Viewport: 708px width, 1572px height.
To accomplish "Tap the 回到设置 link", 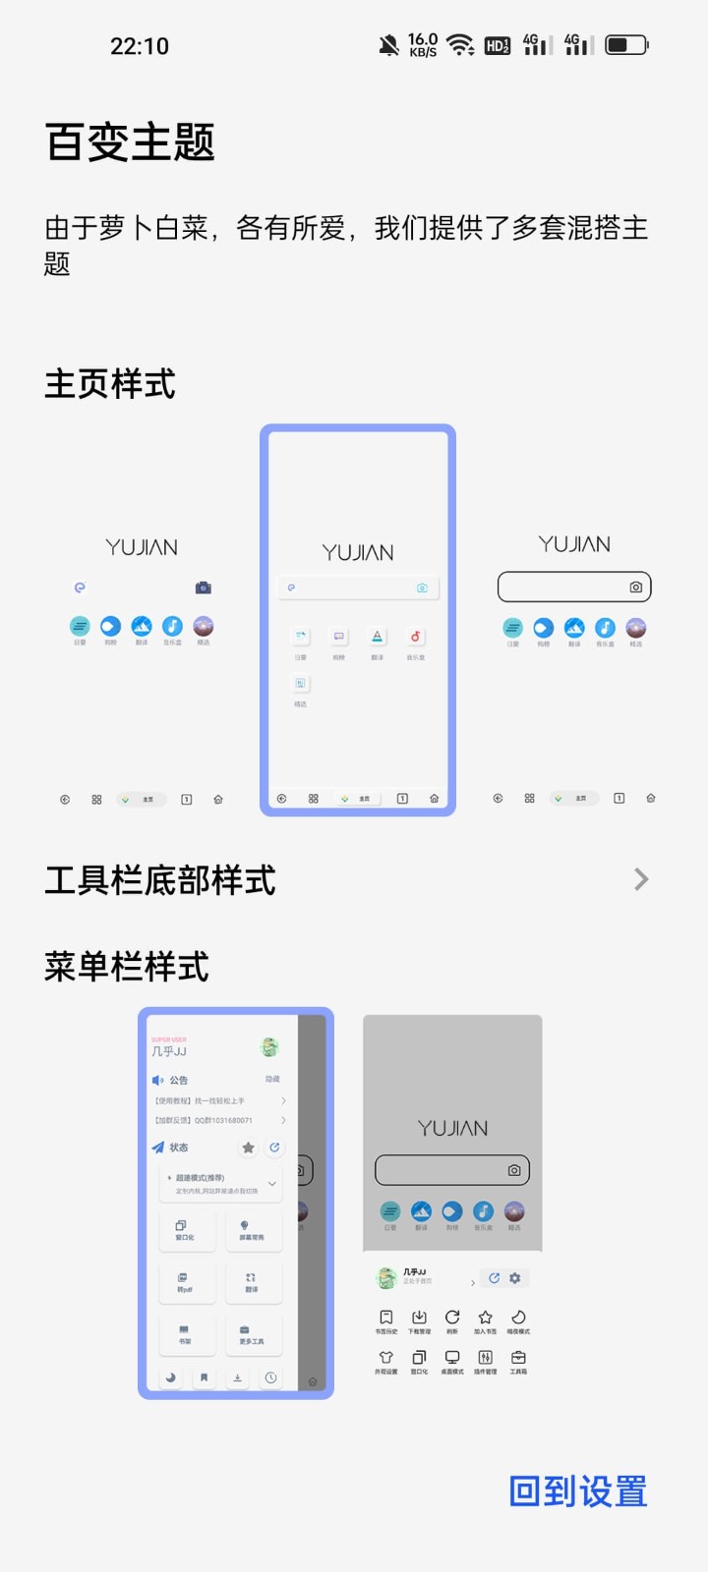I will pos(578,1491).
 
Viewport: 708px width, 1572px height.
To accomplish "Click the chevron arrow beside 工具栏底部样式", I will pos(641,879).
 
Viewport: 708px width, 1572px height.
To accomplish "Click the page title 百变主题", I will pos(130,142).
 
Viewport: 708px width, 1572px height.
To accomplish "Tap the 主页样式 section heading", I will pos(110,384).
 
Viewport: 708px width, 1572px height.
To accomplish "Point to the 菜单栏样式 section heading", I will pos(127,967).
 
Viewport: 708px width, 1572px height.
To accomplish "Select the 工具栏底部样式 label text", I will pos(160,880).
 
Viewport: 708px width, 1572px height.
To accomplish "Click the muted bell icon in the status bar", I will pos(389,45).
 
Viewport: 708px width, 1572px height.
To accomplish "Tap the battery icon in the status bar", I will pos(625,45).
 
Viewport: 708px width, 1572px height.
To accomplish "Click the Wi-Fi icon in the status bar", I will pos(459,45).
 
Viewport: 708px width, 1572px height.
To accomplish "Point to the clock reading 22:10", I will pos(140,46).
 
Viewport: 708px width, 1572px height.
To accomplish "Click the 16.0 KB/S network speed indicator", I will pos(423,45).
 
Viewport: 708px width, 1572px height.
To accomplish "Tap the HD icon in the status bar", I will pos(498,45).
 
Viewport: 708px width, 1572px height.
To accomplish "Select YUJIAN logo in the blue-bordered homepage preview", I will pos(358,553).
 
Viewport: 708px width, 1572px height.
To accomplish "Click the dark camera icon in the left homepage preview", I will pos(204,588).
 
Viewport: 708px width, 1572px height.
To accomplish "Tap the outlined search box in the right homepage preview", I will pos(574,587).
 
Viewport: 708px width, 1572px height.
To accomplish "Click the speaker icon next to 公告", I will pos(158,1080).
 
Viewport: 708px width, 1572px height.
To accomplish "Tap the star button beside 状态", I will pos(248,1148).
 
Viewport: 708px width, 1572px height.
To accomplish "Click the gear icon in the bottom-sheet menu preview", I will pos(514,1278).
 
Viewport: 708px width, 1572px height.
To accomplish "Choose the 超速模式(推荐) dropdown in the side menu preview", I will pos(220,1183).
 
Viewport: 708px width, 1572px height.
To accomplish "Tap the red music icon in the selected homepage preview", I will pos(415,637).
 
